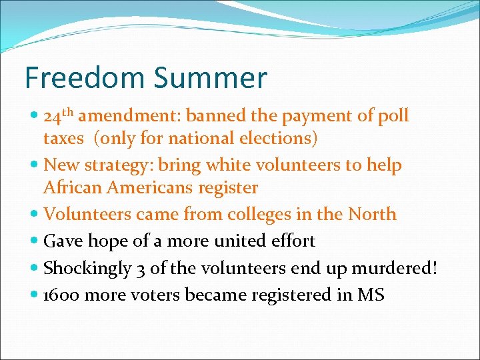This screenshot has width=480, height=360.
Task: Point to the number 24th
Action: (x=59, y=116)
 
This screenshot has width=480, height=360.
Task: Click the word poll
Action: (x=393, y=116)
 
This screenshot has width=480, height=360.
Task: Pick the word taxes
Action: (x=63, y=139)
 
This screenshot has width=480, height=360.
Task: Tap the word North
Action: (x=371, y=215)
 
